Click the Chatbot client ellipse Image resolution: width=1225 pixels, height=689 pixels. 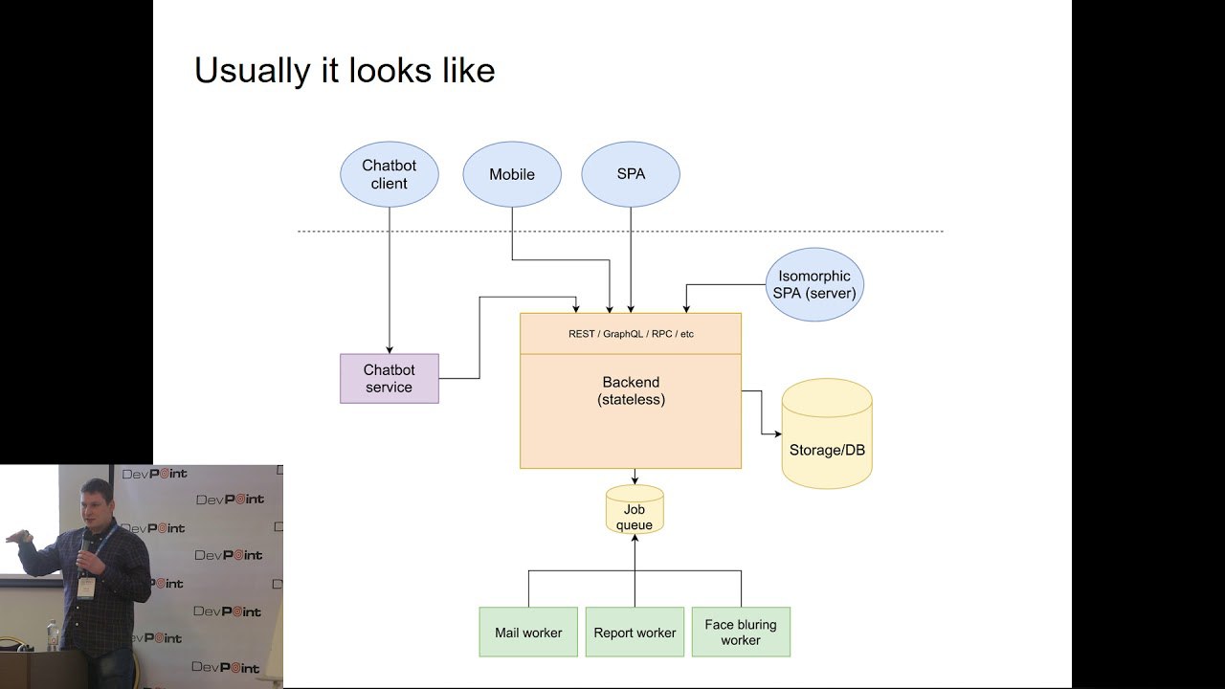click(390, 174)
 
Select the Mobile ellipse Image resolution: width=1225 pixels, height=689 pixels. click(512, 174)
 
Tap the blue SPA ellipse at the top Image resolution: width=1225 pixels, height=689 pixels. click(631, 174)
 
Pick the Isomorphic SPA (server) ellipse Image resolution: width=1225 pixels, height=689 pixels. click(814, 284)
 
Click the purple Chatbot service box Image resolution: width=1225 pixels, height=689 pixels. click(390, 378)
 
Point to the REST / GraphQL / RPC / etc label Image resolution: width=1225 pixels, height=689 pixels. click(631, 334)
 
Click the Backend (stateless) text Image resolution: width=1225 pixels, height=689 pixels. click(631, 390)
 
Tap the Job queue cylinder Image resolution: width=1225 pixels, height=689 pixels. click(635, 510)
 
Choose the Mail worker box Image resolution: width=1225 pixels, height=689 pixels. click(528, 632)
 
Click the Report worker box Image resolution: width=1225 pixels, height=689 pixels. click(635, 632)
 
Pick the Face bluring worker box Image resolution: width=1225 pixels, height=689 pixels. click(741, 632)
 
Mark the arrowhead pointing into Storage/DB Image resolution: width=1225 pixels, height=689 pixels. click(776, 433)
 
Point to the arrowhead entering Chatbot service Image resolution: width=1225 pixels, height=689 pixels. click(390, 349)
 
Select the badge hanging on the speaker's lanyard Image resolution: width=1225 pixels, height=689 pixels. click(87, 586)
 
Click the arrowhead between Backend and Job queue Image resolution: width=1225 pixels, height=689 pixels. click(635, 479)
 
